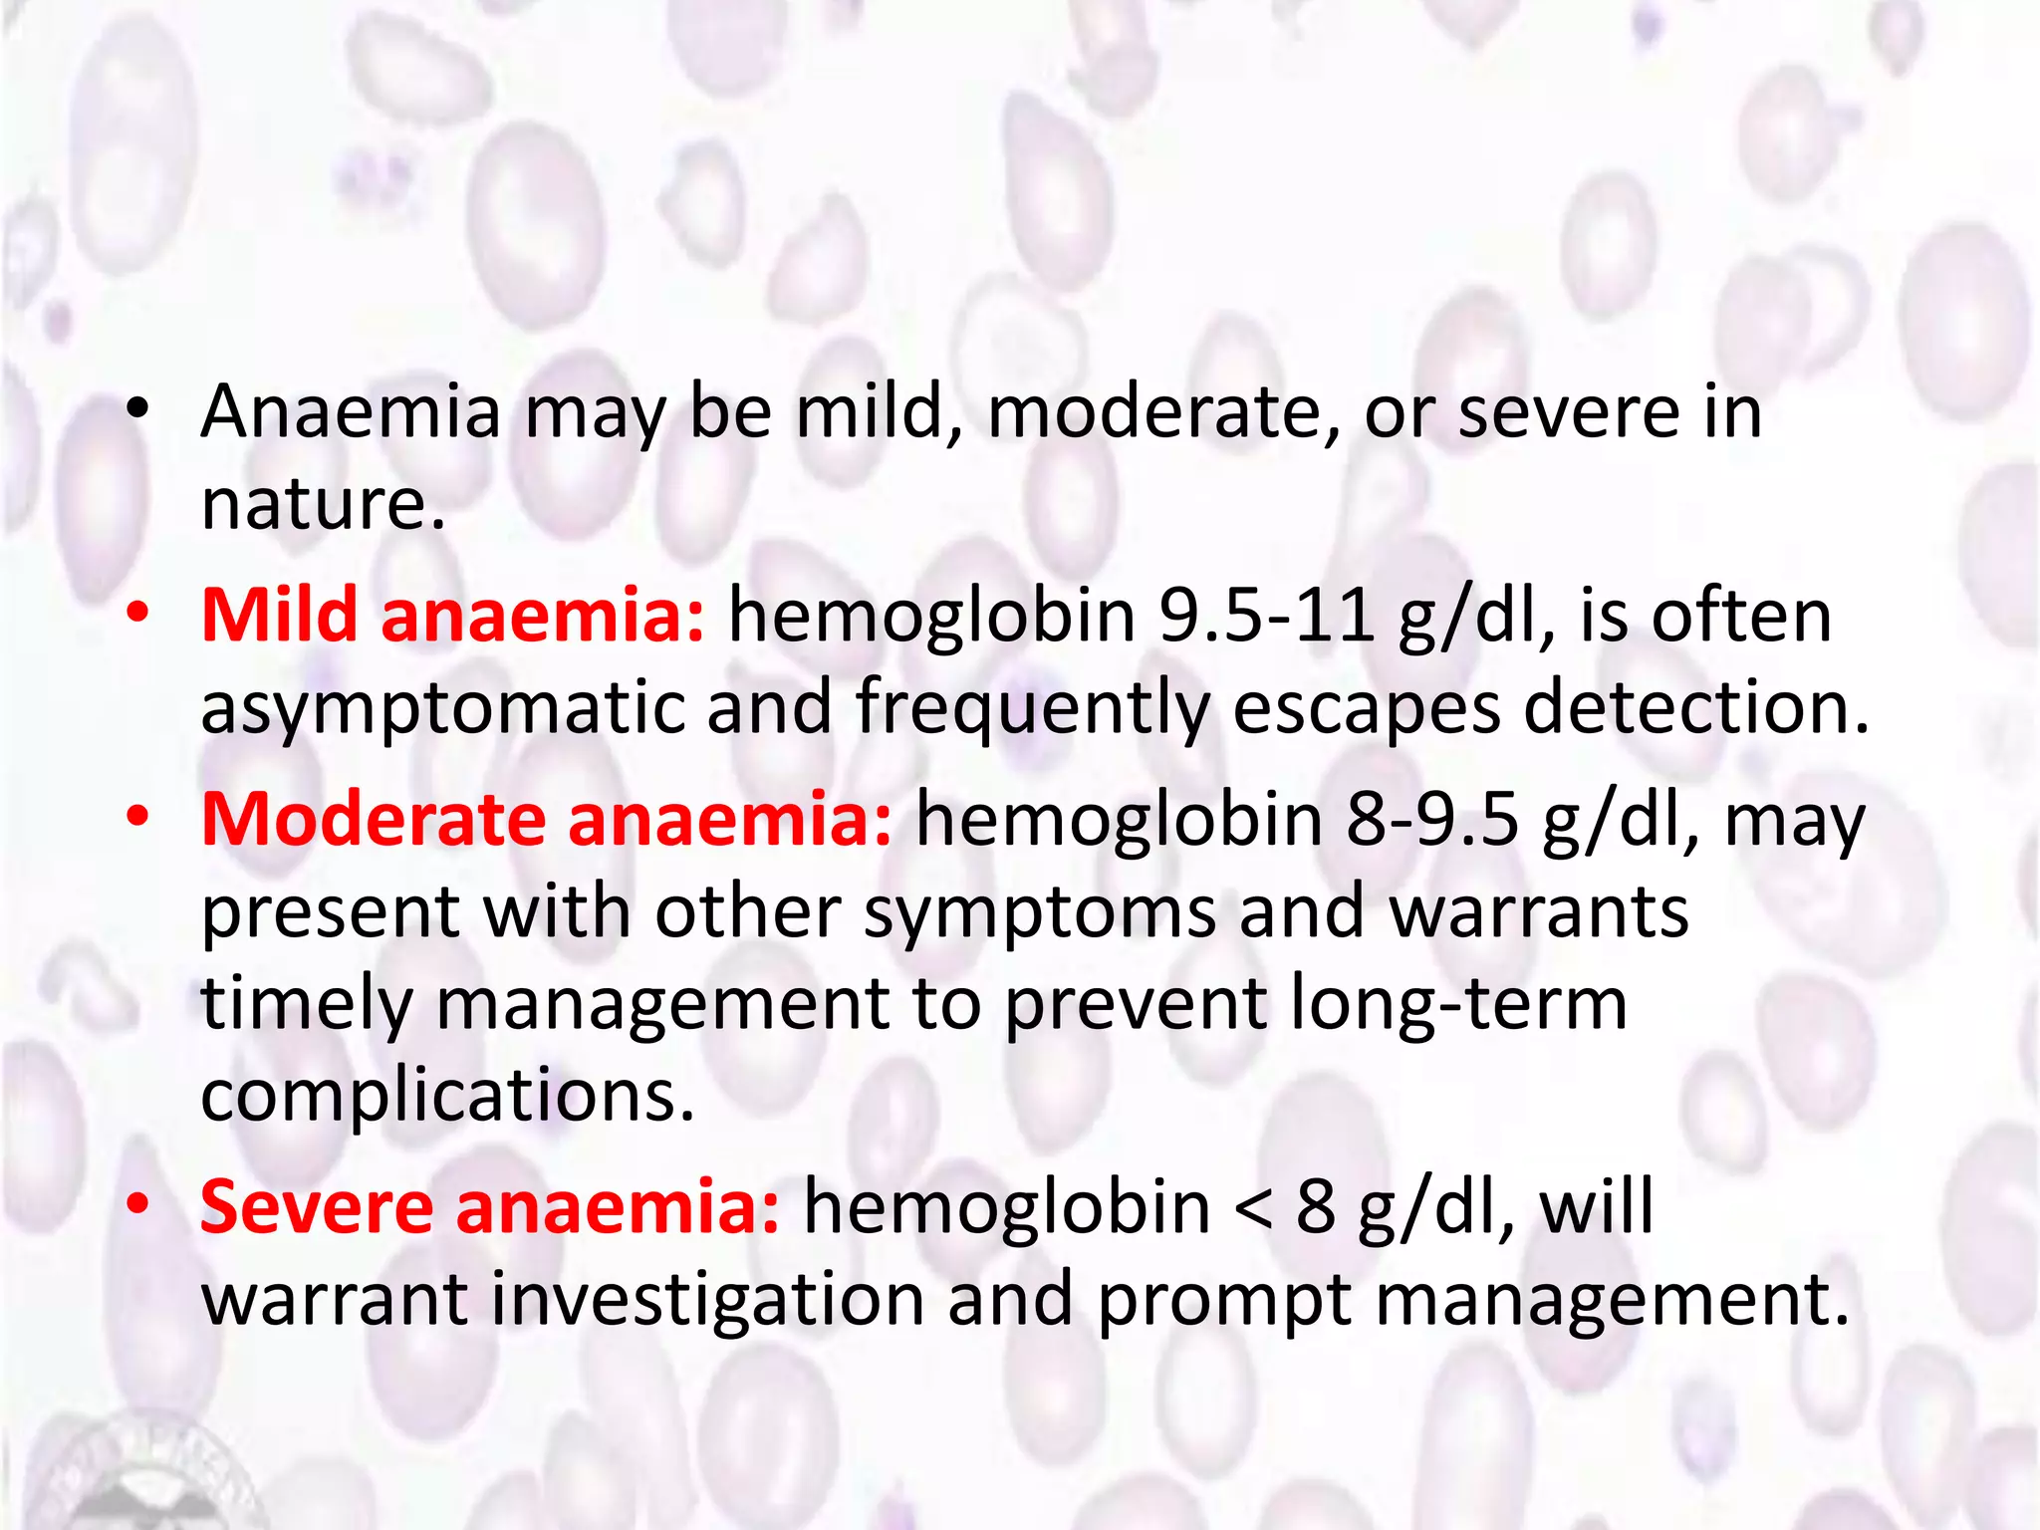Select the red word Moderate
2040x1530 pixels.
click(x=374, y=819)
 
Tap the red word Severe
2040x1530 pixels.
click(x=316, y=1206)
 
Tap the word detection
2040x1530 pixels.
click(x=1696, y=707)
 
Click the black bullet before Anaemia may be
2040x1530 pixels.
click(x=137, y=408)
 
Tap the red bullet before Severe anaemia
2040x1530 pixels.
click(x=137, y=1203)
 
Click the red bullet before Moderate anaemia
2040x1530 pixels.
click(x=137, y=817)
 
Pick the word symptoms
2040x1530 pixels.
click(x=1039, y=912)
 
